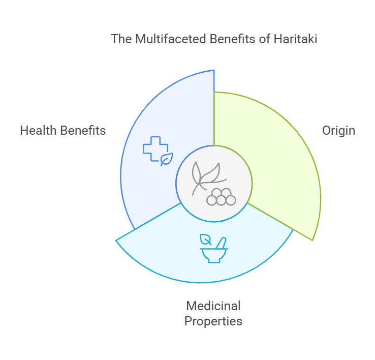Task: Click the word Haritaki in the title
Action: pyautogui.click(x=295, y=39)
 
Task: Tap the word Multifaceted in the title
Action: pyautogui.click(x=171, y=39)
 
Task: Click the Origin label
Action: pyautogui.click(x=338, y=131)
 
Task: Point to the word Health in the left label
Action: pyautogui.click(x=38, y=131)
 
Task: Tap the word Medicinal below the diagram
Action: pyautogui.click(x=213, y=306)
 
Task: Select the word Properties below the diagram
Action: pyautogui.click(x=213, y=321)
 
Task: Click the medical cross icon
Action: pyautogui.click(x=155, y=148)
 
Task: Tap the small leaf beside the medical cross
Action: pyautogui.click(x=167, y=159)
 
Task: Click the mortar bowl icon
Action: pyautogui.click(x=214, y=255)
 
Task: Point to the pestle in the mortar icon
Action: pyautogui.click(x=221, y=243)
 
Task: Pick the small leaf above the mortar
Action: pyautogui.click(x=205, y=239)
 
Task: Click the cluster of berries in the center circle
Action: pyautogui.click(x=221, y=197)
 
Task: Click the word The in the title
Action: pyautogui.click(x=121, y=39)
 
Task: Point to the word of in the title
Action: pyautogui.click(x=265, y=39)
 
